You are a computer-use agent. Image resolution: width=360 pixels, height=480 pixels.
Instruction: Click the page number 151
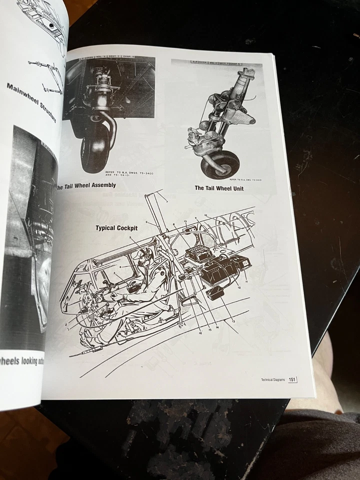coord(291,379)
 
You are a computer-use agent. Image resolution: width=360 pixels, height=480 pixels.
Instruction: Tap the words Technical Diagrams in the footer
coord(273,379)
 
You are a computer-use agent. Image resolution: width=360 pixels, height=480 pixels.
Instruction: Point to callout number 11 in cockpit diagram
coord(246,281)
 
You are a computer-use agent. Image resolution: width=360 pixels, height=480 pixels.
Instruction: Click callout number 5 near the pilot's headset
coord(129,238)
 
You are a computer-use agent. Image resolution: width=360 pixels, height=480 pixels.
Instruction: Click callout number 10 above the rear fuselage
coord(205,215)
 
